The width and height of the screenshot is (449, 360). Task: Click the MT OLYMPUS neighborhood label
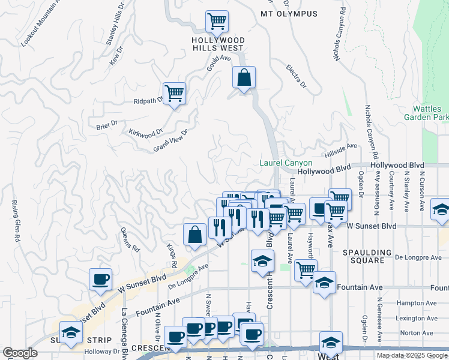[x=288, y=13]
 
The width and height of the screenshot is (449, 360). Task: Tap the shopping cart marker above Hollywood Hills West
[x=217, y=22]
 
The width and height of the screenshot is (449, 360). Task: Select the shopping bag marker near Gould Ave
[x=244, y=78]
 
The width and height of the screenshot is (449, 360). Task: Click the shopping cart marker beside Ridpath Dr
[x=175, y=94]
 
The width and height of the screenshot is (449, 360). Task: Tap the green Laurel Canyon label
[x=286, y=163]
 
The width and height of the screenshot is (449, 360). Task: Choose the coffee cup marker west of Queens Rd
[x=100, y=280]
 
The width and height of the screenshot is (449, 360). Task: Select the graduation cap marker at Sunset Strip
[x=71, y=333]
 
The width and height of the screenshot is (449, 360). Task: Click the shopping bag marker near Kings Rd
[x=195, y=236]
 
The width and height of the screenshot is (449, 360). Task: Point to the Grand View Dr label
[x=171, y=140]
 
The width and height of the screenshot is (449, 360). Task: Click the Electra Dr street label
[x=297, y=76]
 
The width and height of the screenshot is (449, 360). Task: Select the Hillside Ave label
[x=341, y=146]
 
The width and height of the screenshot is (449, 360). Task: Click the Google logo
[x=20, y=353]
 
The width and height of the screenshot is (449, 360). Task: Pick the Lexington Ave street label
[x=415, y=318]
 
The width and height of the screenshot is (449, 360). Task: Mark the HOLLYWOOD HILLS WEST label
[x=217, y=44]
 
